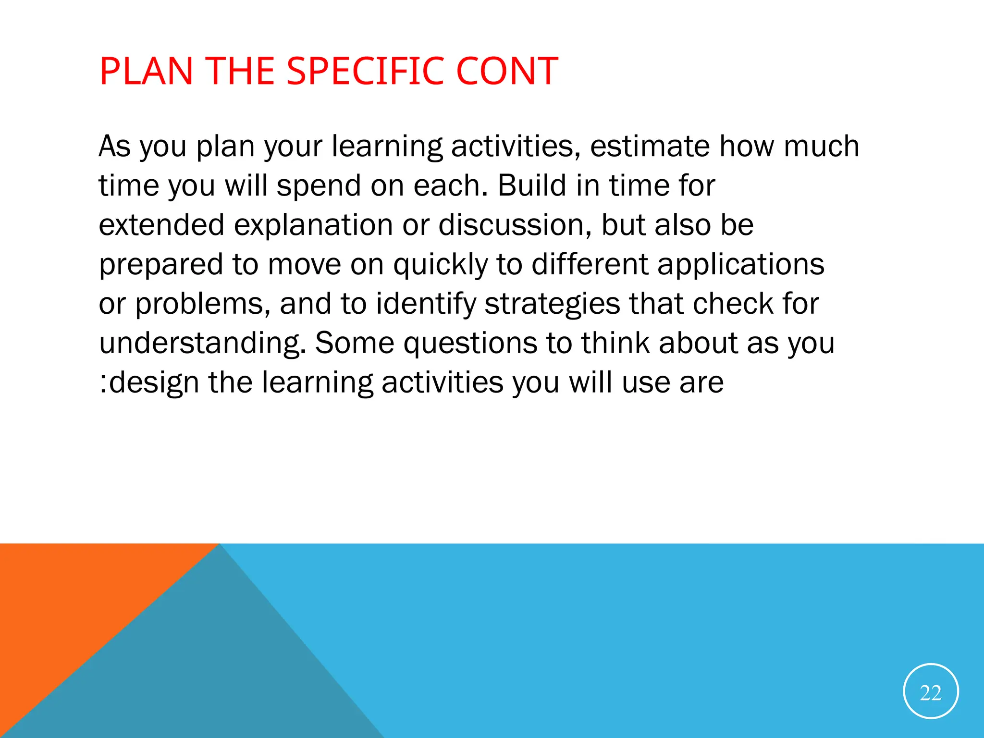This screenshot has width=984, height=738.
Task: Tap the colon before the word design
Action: [103, 383]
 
